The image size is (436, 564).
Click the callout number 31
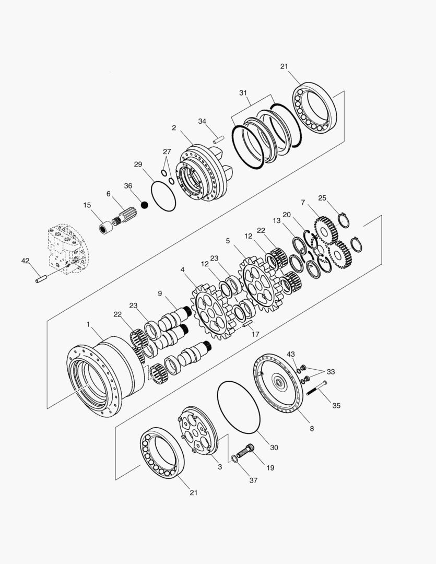[243, 92]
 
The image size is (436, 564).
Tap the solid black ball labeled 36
[145, 205]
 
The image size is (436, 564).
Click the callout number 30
[274, 447]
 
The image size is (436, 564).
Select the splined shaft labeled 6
[124, 215]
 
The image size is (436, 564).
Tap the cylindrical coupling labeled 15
[107, 228]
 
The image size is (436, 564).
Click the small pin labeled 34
[218, 139]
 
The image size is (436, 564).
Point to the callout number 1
[88, 324]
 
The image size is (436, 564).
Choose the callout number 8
[312, 428]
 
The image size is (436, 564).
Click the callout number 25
[322, 198]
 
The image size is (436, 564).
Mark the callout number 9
[160, 293]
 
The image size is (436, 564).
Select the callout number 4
[182, 269]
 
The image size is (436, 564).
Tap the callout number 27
[167, 152]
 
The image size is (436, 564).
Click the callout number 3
[220, 467]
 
